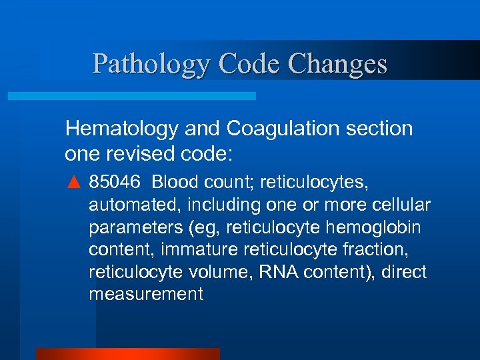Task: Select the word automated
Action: click(x=126, y=204)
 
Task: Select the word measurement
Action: click(x=145, y=295)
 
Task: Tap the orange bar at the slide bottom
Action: click(x=127, y=354)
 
